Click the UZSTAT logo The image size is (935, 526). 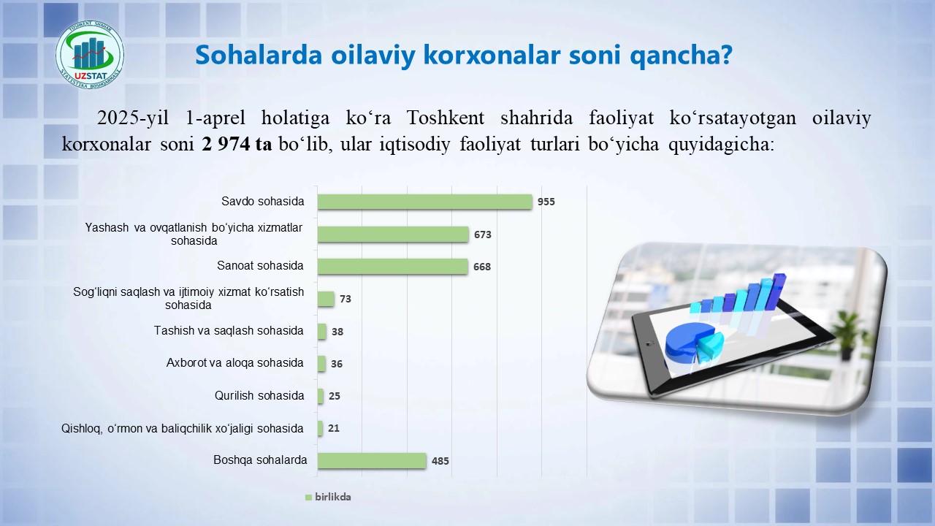(x=90, y=55)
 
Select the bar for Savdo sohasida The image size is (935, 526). (x=424, y=202)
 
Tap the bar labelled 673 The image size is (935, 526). (x=393, y=235)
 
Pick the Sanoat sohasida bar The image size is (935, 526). (x=392, y=267)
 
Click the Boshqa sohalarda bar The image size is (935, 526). (x=372, y=460)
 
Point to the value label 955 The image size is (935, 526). (x=546, y=202)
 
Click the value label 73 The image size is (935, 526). (x=346, y=299)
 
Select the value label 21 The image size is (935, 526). (x=334, y=428)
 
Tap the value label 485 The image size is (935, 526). (x=440, y=461)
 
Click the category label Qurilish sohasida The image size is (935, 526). (x=259, y=395)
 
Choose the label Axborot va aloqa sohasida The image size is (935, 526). (x=234, y=363)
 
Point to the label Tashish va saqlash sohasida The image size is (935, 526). (x=229, y=331)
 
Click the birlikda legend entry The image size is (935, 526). (x=328, y=497)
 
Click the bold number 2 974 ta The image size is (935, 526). (x=237, y=144)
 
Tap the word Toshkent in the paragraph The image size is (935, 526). (x=446, y=118)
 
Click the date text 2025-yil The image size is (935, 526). (x=133, y=118)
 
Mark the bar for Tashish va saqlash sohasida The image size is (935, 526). (x=322, y=332)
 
